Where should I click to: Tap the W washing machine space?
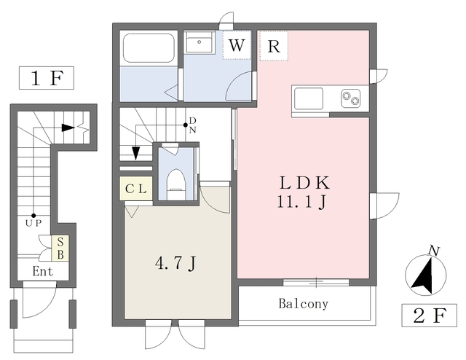pos(237,45)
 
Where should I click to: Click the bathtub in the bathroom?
pos(149,49)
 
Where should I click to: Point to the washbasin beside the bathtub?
pos(198,44)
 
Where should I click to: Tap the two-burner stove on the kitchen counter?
pos(350,97)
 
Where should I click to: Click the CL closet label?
pos(136,189)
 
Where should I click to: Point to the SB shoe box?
pos(62,248)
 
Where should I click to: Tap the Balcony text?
pos(303,304)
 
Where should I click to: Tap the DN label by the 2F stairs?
pos(192,125)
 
